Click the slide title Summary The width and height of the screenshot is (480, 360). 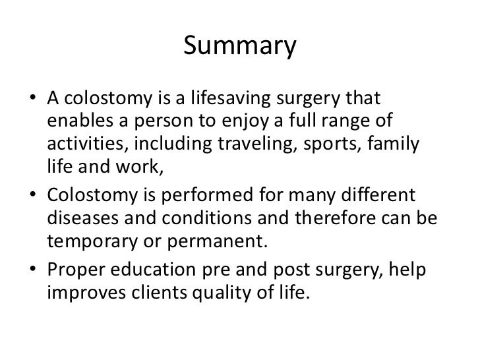tap(239, 46)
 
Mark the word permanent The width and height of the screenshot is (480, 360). tap(227, 243)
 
